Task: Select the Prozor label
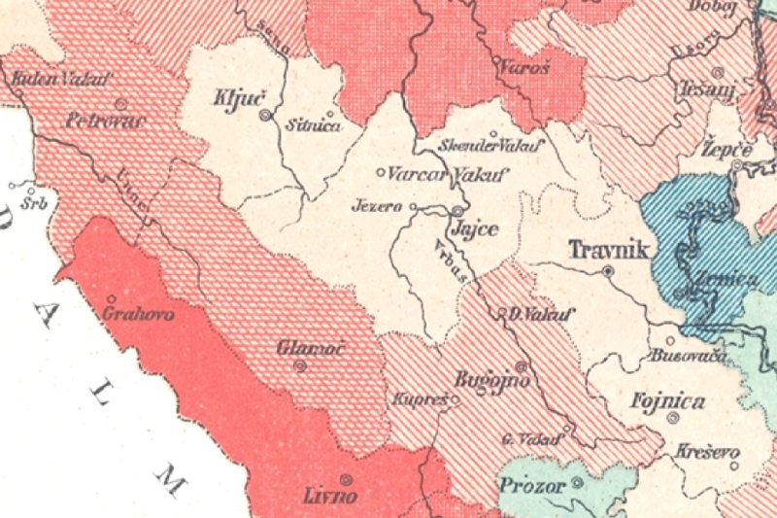[529, 483]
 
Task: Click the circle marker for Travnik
[608, 271]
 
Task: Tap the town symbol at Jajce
[457, 210]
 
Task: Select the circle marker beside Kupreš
[454, 398]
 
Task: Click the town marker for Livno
[345, 478]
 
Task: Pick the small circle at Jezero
[413, 207]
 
